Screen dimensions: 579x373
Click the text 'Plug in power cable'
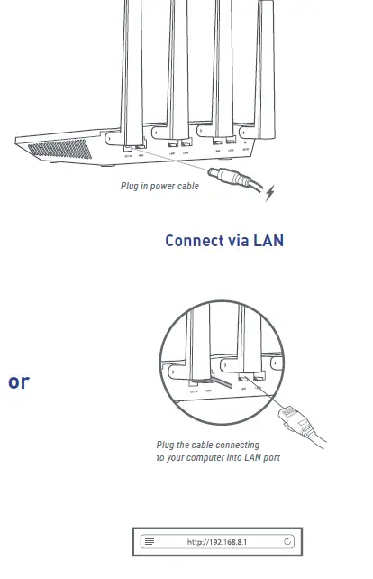point(159,187)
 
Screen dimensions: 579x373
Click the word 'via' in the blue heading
point(237,241)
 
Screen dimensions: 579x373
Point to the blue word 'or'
point(18,381)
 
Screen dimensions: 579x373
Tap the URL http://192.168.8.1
point(217,541)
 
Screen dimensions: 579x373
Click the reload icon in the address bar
point(287,541)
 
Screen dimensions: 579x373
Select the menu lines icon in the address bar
point(150,541)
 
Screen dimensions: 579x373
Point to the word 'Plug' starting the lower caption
point(166,446)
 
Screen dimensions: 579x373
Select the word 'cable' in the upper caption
point(187,187)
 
